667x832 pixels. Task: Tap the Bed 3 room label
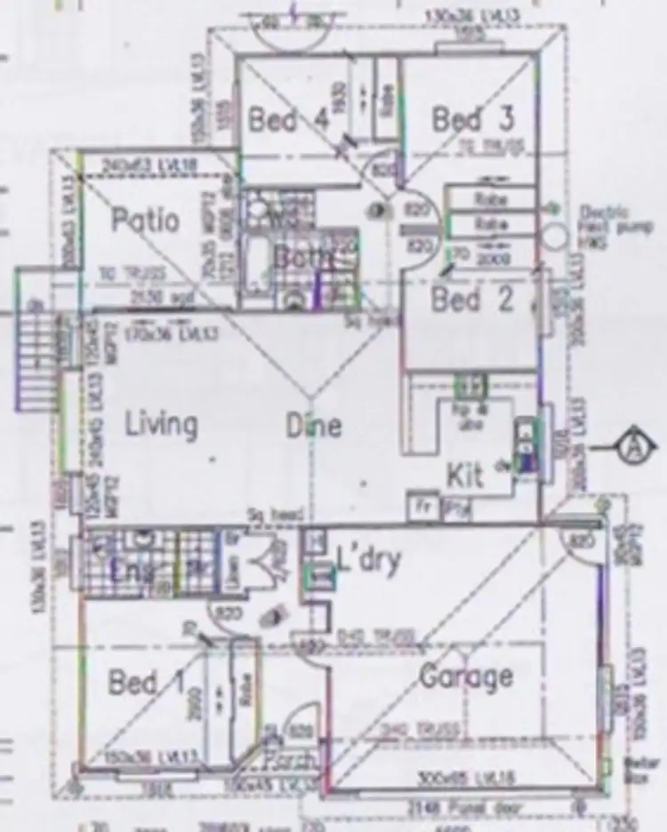tap(471, 118)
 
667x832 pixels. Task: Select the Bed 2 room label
tap(472, 300)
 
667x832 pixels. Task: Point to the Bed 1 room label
tap(146, 683)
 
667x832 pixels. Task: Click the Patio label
tap(146, 220)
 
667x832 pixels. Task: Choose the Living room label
tap(161, 424)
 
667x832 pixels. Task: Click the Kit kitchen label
tap(465, 475)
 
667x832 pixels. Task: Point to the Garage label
tap(466, 676)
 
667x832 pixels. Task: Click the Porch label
tap(291, 762)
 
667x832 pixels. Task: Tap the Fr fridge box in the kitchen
tap(422, 508)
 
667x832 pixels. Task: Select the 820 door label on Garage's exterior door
tap(583, 541)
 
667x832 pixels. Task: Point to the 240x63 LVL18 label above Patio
tap(160, 164)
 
